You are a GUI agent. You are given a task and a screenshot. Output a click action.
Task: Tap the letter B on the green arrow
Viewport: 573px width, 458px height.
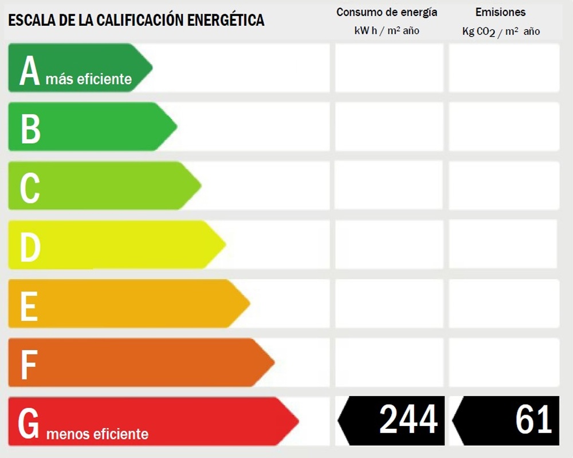pos(30,128)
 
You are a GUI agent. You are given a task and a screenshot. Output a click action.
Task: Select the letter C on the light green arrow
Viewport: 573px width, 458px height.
pos(30,188)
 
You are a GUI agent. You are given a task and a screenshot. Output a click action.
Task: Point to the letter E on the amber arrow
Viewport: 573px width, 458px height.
pos(29,306)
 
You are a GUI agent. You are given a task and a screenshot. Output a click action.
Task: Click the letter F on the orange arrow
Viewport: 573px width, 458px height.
pos(29,365)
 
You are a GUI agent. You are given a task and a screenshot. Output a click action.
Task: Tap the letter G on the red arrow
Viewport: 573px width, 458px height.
pos(29,424)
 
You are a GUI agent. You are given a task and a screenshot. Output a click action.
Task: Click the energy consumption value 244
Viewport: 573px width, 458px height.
pos(408,420)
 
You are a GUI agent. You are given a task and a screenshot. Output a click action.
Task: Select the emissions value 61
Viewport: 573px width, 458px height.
pos(533,420)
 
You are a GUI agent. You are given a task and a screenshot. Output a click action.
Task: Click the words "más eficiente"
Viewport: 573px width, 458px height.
pos(89,79)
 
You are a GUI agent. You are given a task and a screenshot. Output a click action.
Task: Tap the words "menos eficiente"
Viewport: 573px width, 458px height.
pos(97,434)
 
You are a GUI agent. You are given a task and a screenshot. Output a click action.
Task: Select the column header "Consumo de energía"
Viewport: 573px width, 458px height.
pos(387,12)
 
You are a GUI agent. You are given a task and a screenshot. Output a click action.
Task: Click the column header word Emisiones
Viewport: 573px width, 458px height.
pos(500,12)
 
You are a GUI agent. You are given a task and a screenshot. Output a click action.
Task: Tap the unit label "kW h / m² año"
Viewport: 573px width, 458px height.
pos(387,31)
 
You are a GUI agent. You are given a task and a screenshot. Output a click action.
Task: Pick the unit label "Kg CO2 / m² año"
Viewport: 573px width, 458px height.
pos(501,31)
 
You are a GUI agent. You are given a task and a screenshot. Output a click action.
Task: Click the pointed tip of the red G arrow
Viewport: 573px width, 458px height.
pos(297,422)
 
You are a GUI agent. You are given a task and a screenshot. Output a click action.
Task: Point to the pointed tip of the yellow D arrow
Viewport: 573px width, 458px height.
pos(225,245)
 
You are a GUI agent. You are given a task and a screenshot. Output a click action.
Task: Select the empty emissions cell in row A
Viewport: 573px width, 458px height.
pos(504,68)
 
